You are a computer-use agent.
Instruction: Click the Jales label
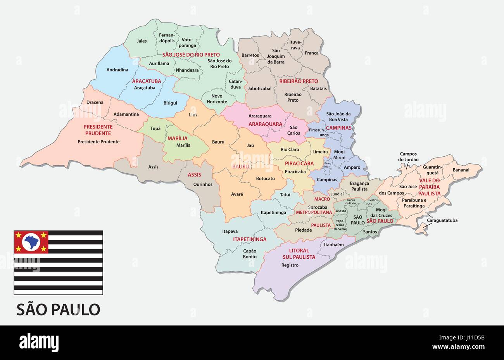pyautogui.click(x=142, y=41)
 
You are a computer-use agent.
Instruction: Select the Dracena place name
pyautogui.click(x=95, y=102)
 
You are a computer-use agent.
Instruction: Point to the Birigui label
pyautogui.click(x=170, y=103)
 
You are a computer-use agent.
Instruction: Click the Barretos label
pyautogui.click(x=250, y=55)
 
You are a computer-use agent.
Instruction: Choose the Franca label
pyautogui.click(x=311, y=53)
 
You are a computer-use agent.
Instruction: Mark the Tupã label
pyautogui.click(x=155, y=128)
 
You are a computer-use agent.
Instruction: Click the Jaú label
pyautogui.click(x=250, y=145)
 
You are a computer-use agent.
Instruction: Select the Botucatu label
pyautogui.click(x=265, y=178)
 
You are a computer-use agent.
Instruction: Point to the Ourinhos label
pyautogui.click(x=203, y=184)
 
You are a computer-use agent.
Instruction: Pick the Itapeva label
pyautogui.click(x=230, y=231)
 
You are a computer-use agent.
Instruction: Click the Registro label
pyautogui.click(x=290, y=265)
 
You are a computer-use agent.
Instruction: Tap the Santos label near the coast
pyautogui.click(x=370, y=232)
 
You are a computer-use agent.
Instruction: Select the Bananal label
pyautogui.click(x=461, y=170)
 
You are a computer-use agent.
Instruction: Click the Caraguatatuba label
pyautogui.click(x=442, y=220)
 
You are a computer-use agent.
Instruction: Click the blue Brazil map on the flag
pyautogui.click(x=31, y=241)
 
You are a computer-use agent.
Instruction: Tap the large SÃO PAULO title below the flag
pyautogui.click(x=58, y=309)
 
